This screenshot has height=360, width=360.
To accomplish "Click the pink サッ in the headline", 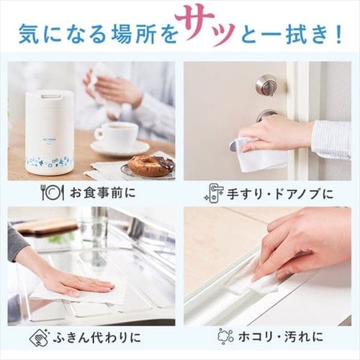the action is [x=205, y=27].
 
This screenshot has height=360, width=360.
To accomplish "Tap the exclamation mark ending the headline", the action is [x=338, y=35].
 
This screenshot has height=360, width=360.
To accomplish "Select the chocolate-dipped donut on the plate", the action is [x=150, y=165].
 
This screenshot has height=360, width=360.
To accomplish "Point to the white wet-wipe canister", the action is [x=50, y=134].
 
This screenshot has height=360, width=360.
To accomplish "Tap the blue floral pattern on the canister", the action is [x=50, y=161].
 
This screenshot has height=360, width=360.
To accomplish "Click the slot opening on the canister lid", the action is [x=50, y=96].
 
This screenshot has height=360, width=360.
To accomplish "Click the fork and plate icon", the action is [x=52, y=193].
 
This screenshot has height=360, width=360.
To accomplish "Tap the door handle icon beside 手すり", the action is [x=215, y=193].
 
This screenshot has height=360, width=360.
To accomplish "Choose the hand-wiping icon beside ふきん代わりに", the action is [x=40, y=337].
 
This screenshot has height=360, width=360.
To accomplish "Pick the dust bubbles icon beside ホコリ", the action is [x=225, y=336].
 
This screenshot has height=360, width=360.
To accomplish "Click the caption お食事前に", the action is [x=102, y=193].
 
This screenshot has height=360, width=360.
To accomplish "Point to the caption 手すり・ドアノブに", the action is [x=280, y=194].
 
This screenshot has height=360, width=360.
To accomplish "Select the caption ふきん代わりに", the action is [x=96, y=337].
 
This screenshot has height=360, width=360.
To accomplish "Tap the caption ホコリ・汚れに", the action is [x=281, y=337].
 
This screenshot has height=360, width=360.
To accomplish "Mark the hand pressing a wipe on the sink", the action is [x=79, y=282].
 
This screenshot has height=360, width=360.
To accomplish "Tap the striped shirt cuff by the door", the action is [x=331, y=139].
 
